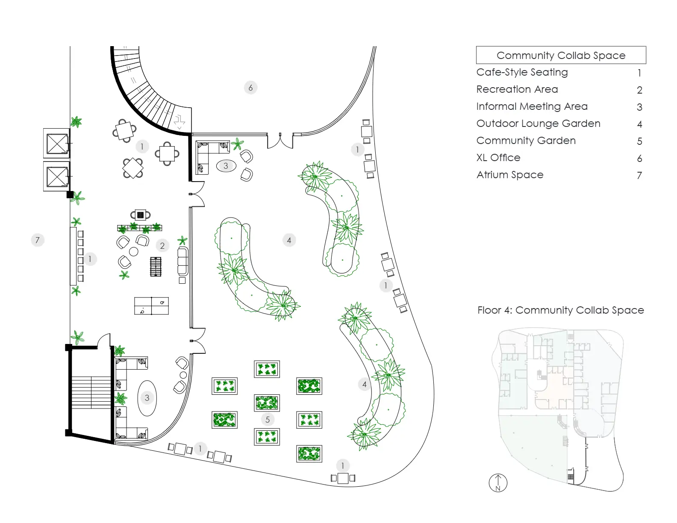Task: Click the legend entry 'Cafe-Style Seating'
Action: pos(522,72)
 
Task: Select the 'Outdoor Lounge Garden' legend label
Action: pos(538,123)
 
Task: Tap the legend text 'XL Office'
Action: pos(498,158)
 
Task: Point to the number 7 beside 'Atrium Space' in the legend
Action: pos(639,175)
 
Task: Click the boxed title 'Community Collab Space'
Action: pos(561,56)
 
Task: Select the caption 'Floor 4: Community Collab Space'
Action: pos(560,310)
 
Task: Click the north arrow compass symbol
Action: pos(498,483)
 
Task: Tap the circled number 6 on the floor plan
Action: pos(250,88)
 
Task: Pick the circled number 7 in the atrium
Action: pos(38,240)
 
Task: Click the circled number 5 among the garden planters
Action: pos(267,420)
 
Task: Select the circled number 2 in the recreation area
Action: pos(162,246)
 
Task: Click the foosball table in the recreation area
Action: pos(156,267)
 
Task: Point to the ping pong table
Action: pos(151,306)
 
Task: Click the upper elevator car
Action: pos(57,143)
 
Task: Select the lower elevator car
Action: pos(57,176)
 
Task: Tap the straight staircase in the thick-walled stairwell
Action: pos(91,393)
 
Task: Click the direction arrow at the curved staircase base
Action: pos(180,122)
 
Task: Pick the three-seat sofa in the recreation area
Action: pos(183,261)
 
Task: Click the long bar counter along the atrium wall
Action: pos(73,256)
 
